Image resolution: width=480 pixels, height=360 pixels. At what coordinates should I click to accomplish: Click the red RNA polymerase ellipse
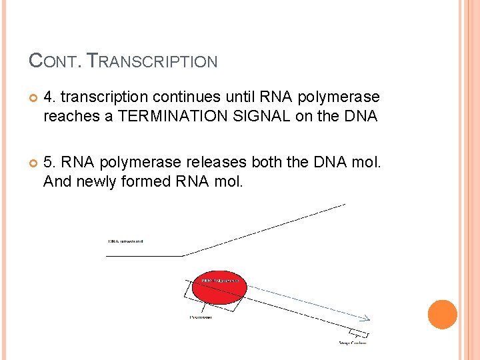coord(219,287)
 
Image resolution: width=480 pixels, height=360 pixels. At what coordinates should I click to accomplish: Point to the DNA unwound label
coord(126,241)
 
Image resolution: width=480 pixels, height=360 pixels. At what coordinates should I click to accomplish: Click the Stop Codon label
coord(353,343)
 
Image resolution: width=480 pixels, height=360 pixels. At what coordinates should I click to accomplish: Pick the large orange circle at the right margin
coord(443,315)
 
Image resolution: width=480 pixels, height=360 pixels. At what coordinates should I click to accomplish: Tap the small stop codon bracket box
coord(358,333)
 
